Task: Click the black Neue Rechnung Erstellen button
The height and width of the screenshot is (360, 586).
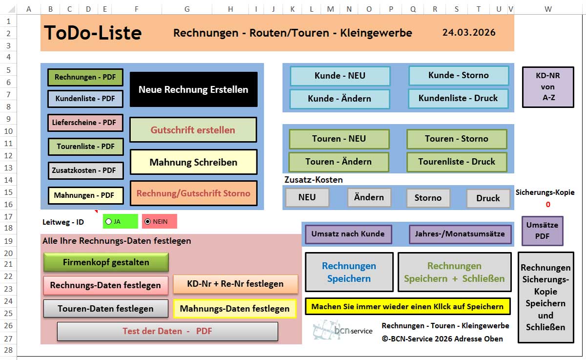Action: pyautogui.click(x=193, y=89)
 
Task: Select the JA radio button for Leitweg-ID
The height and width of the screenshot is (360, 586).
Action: pyautogui.click(x=109, y=221)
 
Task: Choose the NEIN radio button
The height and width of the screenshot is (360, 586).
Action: pyautogui.click(x=148, y=221)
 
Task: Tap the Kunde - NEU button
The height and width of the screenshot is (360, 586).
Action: pyautogui.click(x=340, y=76)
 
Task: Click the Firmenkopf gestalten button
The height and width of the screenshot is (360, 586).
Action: pyautogui.click(x=106, y=262)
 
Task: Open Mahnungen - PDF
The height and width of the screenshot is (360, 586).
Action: pyautogui.click(x=85, y=195)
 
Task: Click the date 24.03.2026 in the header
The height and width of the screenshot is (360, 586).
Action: pyautogui.click(x=469, y=33)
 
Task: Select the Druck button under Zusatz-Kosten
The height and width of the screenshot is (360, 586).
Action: pyautogui.click(x=488, y=198)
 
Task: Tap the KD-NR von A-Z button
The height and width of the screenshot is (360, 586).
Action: pyautogui.click(x=548, y=87)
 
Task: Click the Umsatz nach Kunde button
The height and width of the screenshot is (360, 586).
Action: pyautogui.click(x=348, y=234)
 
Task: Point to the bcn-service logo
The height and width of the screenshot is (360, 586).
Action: pyautogui.click(x=342, y=330)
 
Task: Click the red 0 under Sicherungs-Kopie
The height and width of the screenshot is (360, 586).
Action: pyautogui.click(x=548, y=205)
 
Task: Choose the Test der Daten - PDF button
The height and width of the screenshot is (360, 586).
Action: pyautogui.click(x=167, y=331)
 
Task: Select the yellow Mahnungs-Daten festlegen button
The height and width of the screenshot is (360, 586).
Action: pyautogui.click(x=234, y=309)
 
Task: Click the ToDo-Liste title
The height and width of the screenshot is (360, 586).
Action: pyautogui.click(x=93, y=33)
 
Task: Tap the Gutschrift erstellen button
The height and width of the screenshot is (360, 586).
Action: pyautogui.click(x=193, y=130)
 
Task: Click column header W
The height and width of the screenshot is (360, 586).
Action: pyautogui.click(x=548, y=9)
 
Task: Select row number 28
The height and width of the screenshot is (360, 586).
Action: pyautogui.click(x=8, y=350)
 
